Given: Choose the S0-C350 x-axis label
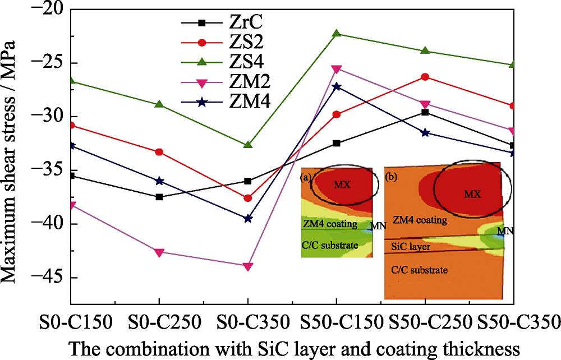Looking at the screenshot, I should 247,322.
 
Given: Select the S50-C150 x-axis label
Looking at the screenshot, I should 337,322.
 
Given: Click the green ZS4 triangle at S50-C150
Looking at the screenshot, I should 337,34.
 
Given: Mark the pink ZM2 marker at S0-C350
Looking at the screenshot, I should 247,266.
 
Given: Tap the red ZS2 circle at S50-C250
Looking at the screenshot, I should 425,77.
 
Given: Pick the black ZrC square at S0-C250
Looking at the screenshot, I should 159,197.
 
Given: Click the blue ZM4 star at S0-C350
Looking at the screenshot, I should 247,218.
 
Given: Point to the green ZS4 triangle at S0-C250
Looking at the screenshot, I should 159,104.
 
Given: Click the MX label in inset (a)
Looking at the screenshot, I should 342,184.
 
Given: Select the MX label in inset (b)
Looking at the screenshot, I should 473,194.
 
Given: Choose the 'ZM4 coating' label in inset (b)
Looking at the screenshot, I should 420,220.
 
